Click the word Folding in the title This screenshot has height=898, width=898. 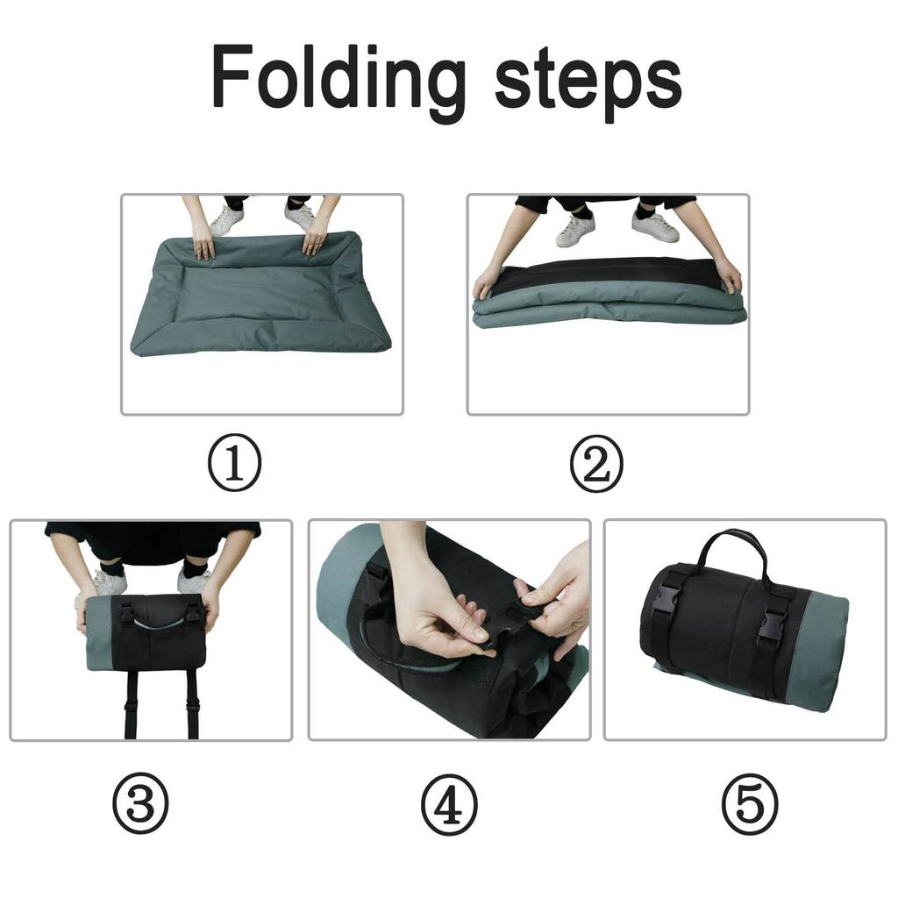(x=338, y=79)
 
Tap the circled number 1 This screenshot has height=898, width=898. (x=234, y=462)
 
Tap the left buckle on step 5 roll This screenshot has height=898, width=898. (x=666, y=603)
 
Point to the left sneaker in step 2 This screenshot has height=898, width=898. (x=575, y=230)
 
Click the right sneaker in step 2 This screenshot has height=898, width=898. (x=655, y=226)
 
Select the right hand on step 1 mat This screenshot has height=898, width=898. (x=315, y=238)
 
